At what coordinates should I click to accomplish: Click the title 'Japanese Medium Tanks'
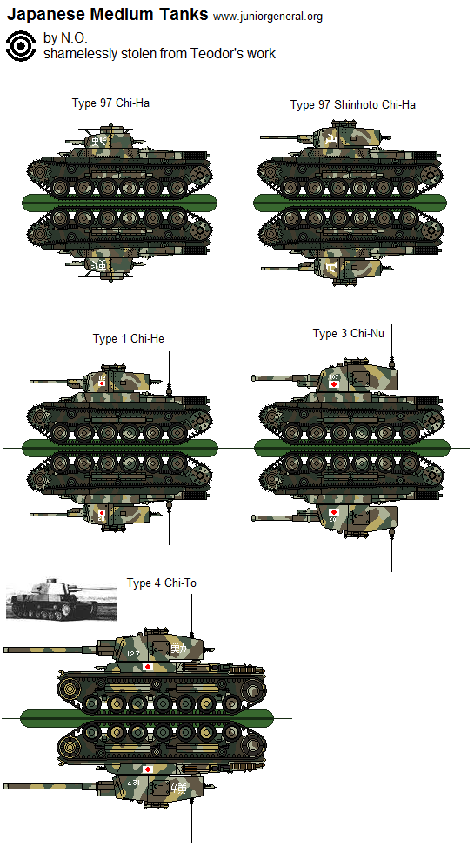click(107, 14)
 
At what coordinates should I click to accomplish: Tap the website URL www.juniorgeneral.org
click(267, 16)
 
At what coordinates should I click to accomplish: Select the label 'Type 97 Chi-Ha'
click(110, 103)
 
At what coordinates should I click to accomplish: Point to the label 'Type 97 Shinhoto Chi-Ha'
click(352, 104)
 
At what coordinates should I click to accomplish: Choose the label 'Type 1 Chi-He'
click(129, 338)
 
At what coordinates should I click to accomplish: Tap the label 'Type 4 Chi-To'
click(161, 583)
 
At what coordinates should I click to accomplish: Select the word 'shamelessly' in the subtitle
click(77, 54)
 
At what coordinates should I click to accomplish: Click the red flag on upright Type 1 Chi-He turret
click(102, 382)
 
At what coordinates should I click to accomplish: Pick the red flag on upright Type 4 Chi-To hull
click(148, 667)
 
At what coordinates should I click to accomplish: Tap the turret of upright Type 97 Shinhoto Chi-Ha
click(336, 138)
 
